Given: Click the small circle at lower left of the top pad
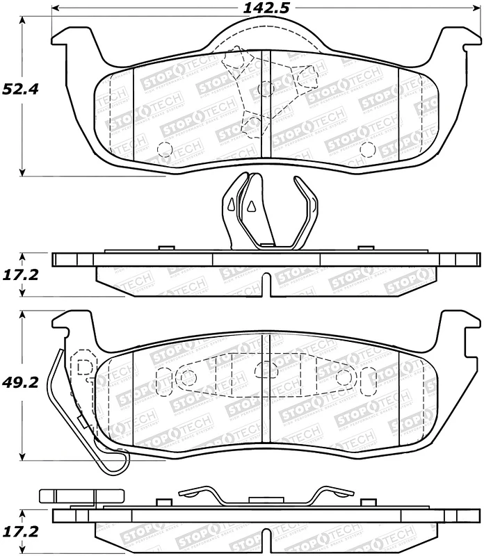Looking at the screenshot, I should pyautogui.click(x=165, y=149).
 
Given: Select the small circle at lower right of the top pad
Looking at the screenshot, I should pyautogui.click(x=367, y=149).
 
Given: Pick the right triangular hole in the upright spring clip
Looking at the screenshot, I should pyautogui.click(x=251, y=205).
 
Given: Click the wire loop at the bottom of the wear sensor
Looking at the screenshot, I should pyautogui.click(x=115, y=462).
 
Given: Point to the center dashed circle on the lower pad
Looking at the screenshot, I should pyautogui.click(x=264, y=370).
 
